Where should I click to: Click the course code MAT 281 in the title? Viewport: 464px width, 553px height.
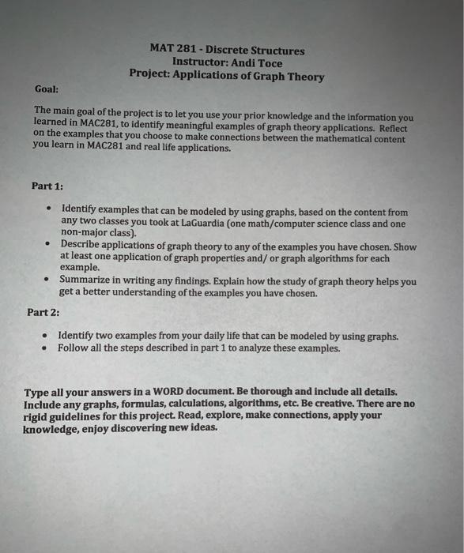coord(168,51)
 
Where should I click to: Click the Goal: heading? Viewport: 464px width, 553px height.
coord(47,90)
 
